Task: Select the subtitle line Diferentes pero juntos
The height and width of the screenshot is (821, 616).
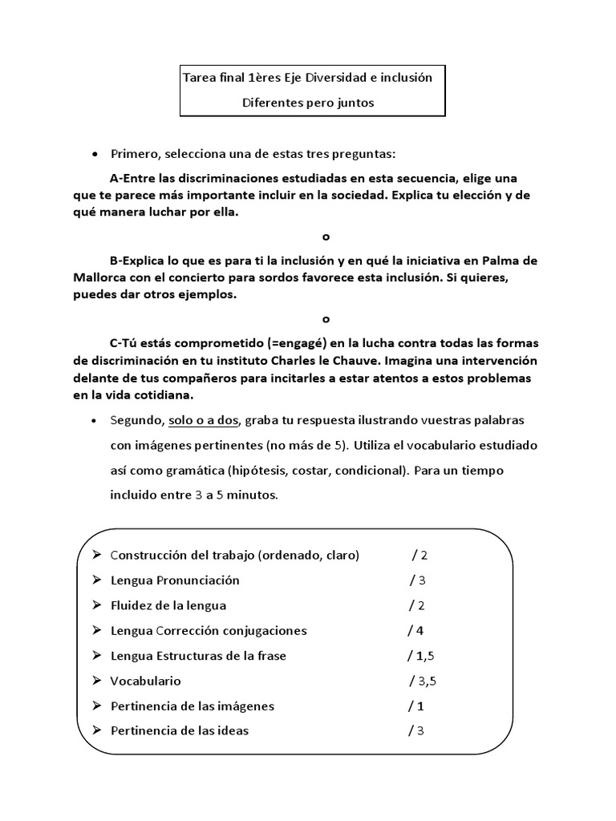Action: [x=308, y=103]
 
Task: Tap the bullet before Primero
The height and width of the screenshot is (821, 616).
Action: [x=95, y=153]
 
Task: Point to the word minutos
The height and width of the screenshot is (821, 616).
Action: [x=250, y=495]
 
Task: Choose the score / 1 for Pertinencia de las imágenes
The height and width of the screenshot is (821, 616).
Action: [x=415, y=706]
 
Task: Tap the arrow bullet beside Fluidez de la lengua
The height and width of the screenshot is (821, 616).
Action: [x=96, y=605]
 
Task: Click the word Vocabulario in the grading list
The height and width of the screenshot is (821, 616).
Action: [x=145, y=681]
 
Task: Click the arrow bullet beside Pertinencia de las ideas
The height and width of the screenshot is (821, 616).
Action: [x=96, y=730]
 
